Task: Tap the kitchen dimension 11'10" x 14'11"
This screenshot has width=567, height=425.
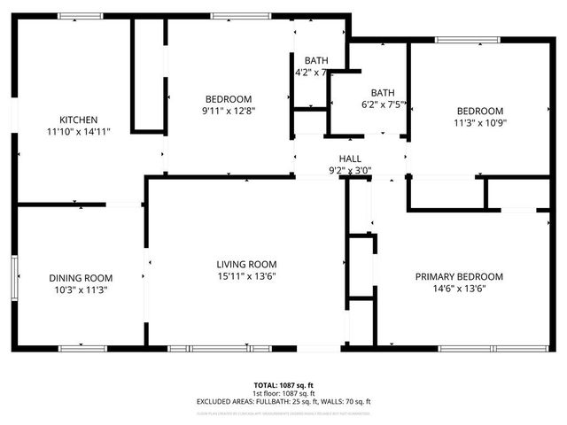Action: coord(78,132)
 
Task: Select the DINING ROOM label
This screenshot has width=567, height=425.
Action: coord(80,277)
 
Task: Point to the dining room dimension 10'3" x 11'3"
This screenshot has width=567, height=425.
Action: coord(80,290)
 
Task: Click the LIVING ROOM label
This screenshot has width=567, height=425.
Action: coord(246,264)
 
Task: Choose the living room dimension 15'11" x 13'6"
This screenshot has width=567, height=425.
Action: coord(246,276)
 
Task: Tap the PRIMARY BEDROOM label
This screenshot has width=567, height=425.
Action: coord(459,276)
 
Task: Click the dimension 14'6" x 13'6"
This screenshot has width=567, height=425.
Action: coord(459,289)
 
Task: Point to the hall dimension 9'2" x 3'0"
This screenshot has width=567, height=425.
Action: coord(350,170)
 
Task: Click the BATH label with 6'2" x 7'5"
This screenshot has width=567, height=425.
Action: coord(383,92)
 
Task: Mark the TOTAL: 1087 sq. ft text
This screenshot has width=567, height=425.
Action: coord(283,386)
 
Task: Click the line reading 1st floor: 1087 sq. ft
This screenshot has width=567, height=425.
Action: coord(283,394)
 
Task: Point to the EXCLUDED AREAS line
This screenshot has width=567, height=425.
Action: coord(283,402)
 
